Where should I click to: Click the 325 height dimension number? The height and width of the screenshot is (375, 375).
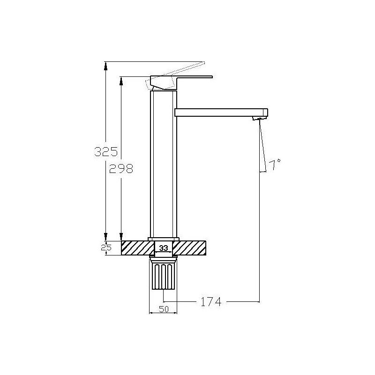(106, 151)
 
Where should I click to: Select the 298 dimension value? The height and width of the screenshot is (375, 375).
(121, 169)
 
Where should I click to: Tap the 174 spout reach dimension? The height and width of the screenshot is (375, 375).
(210, 301)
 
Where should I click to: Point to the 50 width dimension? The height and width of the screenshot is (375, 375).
(164, 309)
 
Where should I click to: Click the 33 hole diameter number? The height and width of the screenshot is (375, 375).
(164, 248)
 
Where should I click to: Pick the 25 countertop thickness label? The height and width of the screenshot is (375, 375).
(106, 247)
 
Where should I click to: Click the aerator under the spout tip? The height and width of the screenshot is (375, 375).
(259, 118)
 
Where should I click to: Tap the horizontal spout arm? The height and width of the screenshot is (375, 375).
(221, 112)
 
